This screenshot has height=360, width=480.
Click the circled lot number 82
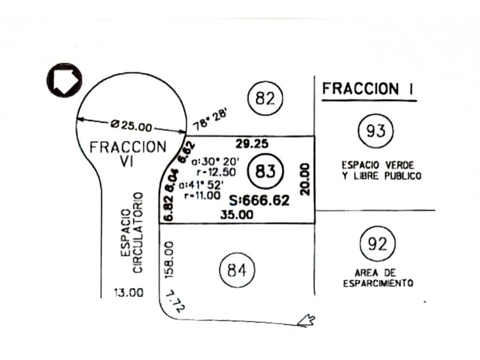point(265,98)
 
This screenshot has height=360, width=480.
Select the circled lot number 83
point(265,171)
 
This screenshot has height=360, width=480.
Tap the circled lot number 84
point(237,270)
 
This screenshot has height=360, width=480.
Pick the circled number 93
point(375,131)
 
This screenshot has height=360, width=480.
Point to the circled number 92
point(378,243)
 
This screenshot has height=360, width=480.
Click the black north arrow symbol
point(64,80)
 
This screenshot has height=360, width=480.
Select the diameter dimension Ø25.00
point(131,125)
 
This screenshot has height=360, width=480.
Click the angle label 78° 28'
point(210,121)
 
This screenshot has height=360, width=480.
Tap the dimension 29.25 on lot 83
point(252,143)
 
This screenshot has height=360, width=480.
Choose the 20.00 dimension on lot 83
point(305,179)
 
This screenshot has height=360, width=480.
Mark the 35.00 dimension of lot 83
point(237,215)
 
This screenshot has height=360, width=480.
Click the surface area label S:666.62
point(259,201)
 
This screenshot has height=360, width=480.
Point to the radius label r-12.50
point(217,172)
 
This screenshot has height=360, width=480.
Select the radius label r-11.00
point(202,195)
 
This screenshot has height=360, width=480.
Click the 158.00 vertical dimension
point(169,259)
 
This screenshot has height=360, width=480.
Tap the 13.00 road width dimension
point(129,293)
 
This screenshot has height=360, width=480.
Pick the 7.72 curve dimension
point(175,301)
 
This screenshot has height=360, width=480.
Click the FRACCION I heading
point(368,89)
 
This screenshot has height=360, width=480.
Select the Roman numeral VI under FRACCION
point(126,161)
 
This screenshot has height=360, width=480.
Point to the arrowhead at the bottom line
point(306,321)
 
